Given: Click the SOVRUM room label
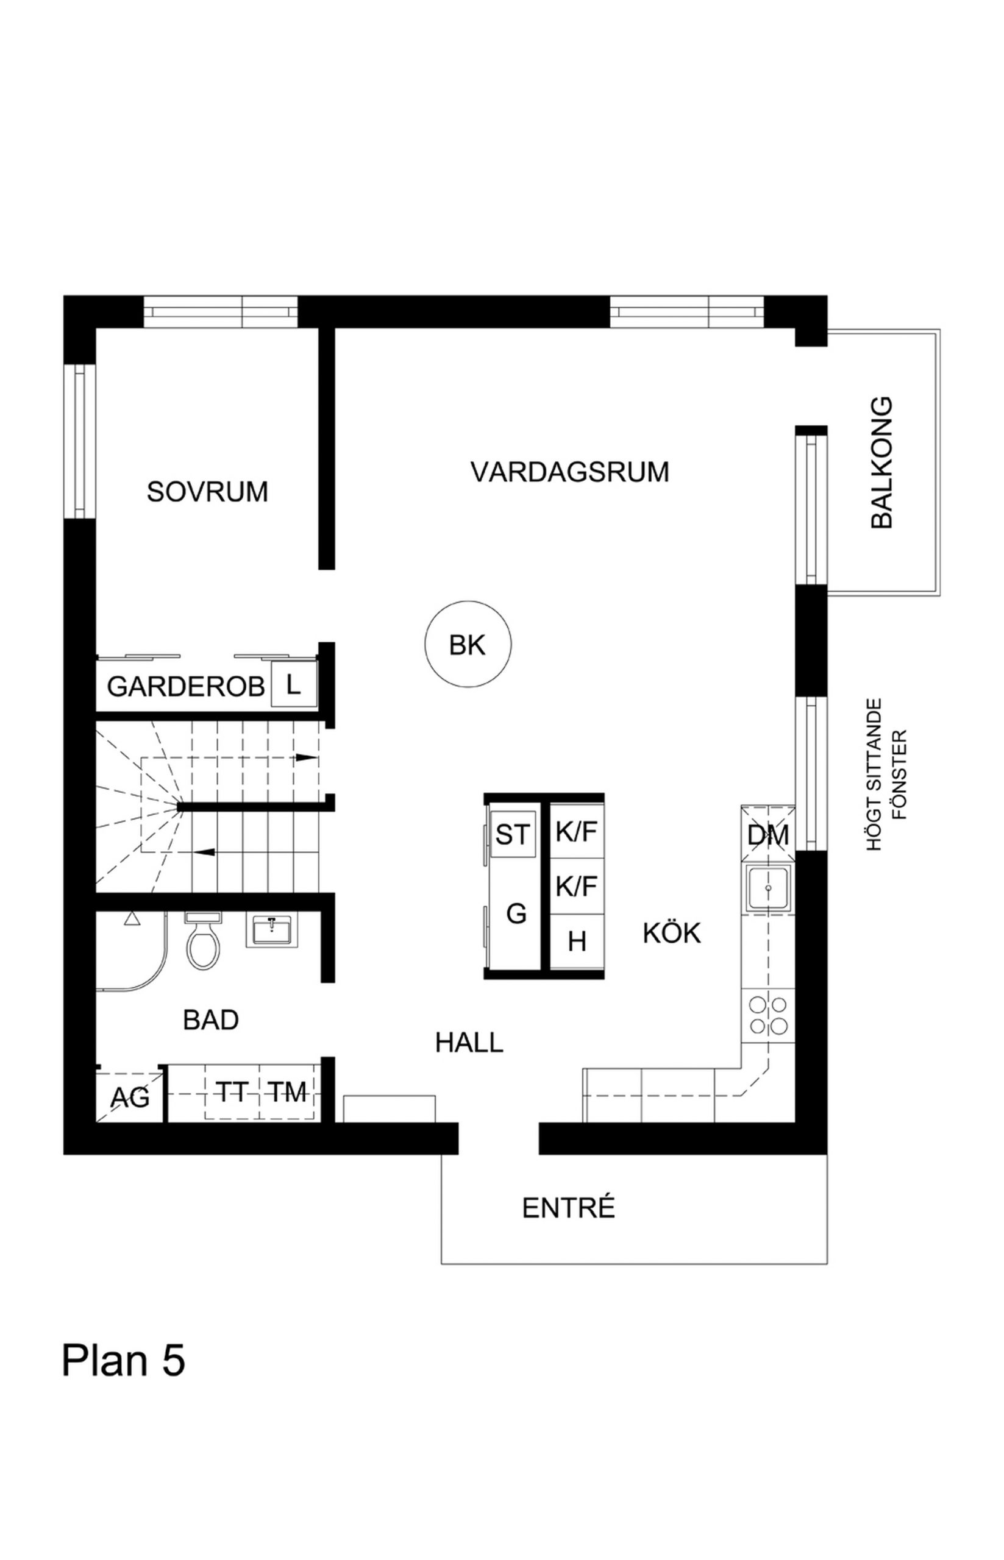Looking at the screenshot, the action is coord(207,492).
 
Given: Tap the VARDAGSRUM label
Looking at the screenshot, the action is coord(570,472).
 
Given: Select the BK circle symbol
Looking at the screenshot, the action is coord(468,645).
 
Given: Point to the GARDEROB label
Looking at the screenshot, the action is coord(186,687).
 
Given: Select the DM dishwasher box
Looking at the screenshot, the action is coord(768,835).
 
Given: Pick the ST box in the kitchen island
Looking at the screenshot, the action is coord(513,834).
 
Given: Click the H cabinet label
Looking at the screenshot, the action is coord(577,942).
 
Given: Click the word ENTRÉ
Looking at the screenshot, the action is coord(569,1209).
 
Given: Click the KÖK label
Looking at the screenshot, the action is coord(672,933).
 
